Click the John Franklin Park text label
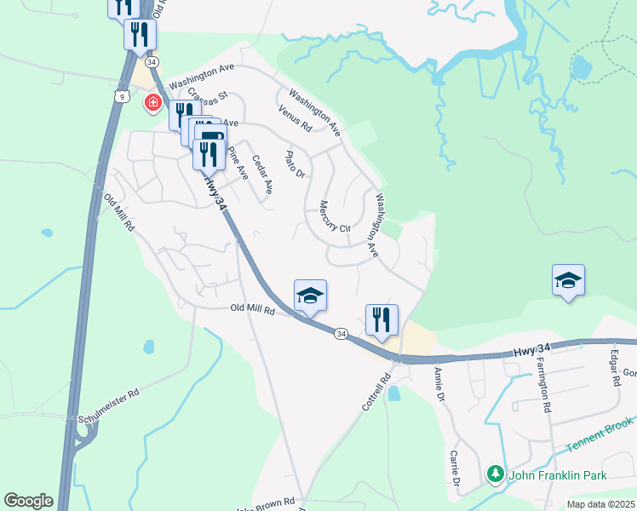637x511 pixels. pyautogui.click(x=558, y=474)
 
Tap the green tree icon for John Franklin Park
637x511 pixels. pyautogui.click(x=495, y=474)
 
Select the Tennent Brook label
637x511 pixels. pyautogui.click(x=602, y=433)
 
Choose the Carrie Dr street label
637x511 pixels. pyautogui.click(x=456, y=469)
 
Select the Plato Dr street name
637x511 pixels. pyautogui.click(x=295, y=164)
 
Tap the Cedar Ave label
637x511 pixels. pyautogui.click(x=262, y=174)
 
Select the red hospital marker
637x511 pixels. pyautogui.click(x=153, y=104)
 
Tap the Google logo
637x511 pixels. pyautogui.click(x=28, y=500)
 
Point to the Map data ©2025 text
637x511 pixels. pyautogui.click(x=600, y=504)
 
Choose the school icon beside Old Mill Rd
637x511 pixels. pyautogui.click(x=310, y=296)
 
